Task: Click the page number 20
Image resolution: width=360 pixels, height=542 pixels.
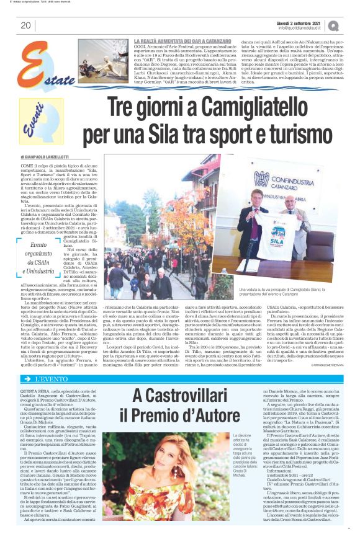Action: (x=25, y=25)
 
